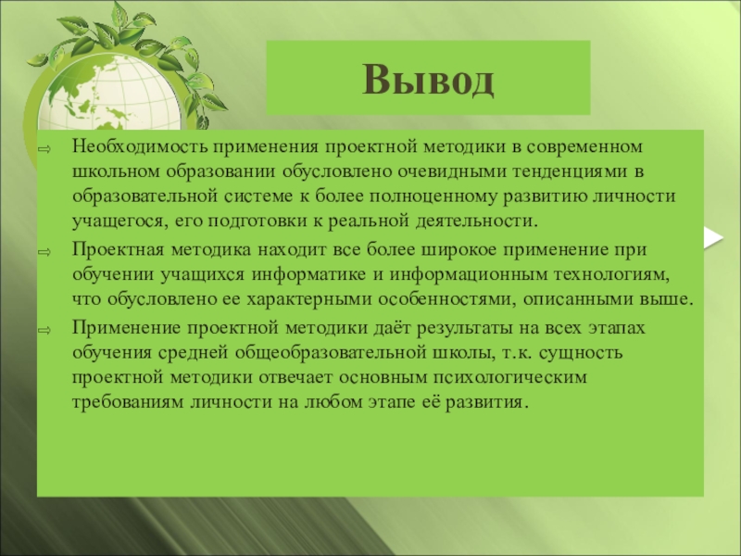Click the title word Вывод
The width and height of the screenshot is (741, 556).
[x=428, y=80]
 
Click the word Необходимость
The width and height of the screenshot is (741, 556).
[x=140, y=146]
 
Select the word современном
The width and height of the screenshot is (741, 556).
[x=584, y=147]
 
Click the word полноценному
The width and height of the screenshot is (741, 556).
[x=433, y=196]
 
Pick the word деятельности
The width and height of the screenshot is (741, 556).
[x=477, y=221]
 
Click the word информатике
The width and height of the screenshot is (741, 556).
[x=308, y=274]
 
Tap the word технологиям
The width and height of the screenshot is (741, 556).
[x=612, y=275]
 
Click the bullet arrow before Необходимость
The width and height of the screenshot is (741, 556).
[x=44, y=149]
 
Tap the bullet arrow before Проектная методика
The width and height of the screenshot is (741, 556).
[x=44, y=252]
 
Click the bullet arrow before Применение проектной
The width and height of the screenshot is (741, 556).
[x=44, y=331]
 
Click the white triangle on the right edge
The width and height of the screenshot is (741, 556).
[x=713, y=237]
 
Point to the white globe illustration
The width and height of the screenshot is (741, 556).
[x=109, y=98]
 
